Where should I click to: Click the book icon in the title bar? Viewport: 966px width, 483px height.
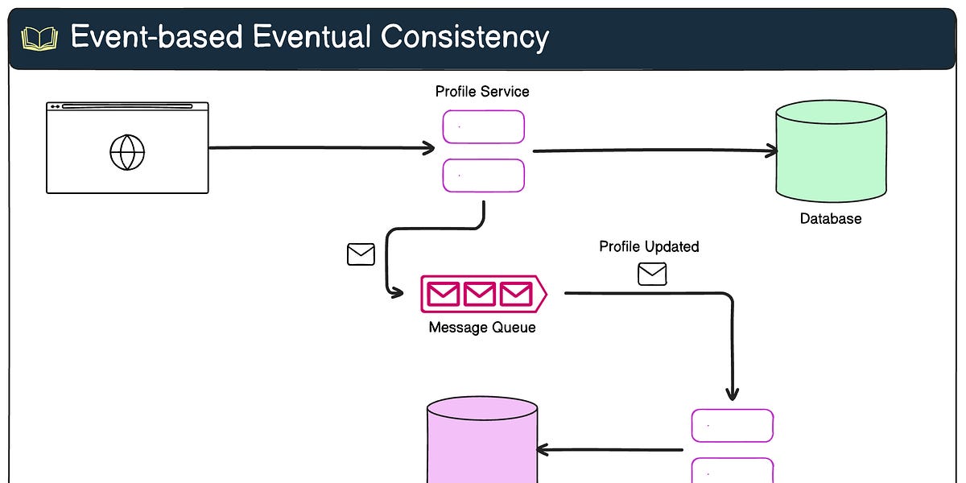(39, 38)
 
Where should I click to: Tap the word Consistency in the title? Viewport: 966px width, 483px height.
(464, 37)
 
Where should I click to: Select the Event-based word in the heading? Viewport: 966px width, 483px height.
(163, 37)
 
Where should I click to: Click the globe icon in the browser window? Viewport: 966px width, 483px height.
(127, 152)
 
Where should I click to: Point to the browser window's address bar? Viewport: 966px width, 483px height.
(127, 106)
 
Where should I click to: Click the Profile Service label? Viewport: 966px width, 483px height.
(482, 92)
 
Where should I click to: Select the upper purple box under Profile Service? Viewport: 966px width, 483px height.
(483, 127)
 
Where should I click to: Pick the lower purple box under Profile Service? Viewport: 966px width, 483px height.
(483, 175)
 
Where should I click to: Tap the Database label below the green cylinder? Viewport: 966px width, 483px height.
(831, 218)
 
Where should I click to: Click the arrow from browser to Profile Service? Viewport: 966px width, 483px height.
(322, 148)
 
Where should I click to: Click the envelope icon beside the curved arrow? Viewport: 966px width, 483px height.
(361, 254)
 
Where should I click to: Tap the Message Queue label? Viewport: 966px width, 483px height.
(482, 328)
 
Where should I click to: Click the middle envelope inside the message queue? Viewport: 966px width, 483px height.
(480, 294)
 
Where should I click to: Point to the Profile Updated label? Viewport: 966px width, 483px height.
(649, 246)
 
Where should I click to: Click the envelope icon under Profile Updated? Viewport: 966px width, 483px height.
(652, 275)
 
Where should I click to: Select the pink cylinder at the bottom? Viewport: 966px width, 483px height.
(481, 443)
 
